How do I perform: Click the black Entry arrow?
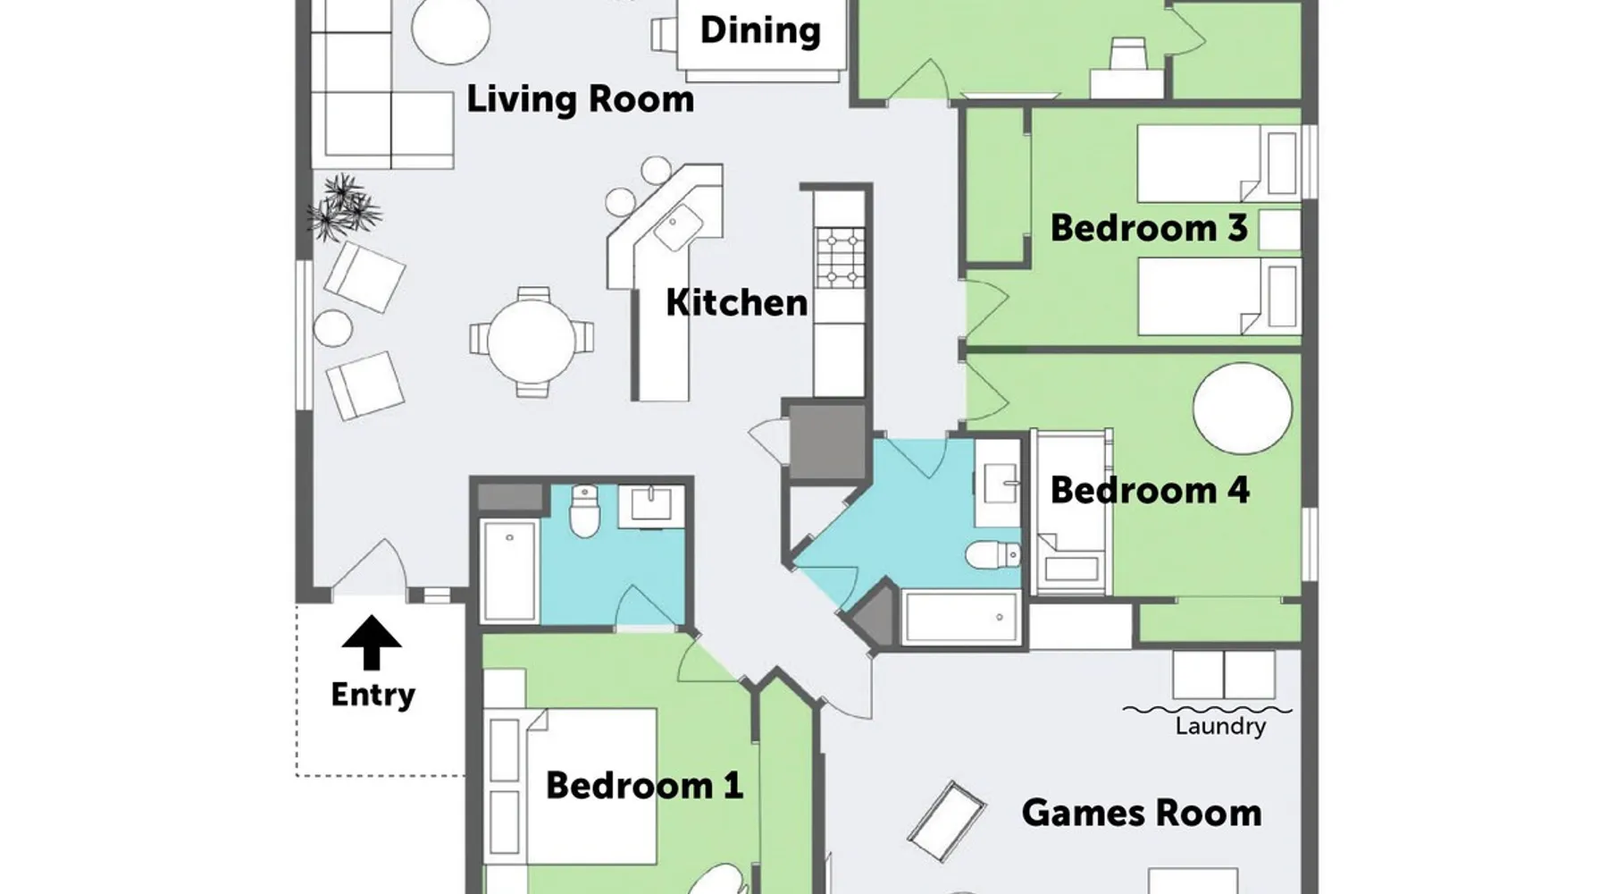point(372,642)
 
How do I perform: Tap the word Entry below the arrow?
point(373,695)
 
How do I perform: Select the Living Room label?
point(580,99)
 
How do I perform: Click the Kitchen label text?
point(736,302)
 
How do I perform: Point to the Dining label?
point(760,30)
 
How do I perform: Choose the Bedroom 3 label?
point(1149,228)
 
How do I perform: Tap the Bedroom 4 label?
point(1150,490)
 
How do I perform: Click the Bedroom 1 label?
point(644,786)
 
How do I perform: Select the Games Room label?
point(1142,813)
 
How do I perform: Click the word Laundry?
point(1220,726)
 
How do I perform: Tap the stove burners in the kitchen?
point(841,257)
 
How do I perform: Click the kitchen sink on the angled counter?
point(679,228)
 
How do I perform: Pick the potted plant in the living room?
point(344,208)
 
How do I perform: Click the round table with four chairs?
point(532,342)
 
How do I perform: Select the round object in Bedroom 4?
point(1243,409)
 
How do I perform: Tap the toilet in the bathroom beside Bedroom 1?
point(584,511)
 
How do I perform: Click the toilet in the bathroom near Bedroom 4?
point(992,555)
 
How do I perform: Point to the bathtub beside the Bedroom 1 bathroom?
point(509,570)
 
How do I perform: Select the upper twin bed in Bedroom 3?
point(1219,164)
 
